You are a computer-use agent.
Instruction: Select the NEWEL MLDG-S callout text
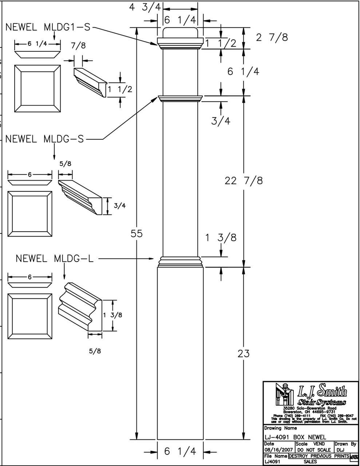point(44,139)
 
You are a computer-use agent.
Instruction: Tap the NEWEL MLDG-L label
point(54,259)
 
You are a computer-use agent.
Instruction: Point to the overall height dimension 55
point(137,234)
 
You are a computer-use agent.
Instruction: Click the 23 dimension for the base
point(244,353)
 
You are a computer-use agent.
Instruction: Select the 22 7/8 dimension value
point(244,180)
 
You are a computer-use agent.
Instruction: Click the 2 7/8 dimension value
point(272,37)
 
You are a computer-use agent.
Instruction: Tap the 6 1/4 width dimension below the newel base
point(180,451)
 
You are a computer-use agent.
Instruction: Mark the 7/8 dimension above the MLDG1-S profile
point(78,46)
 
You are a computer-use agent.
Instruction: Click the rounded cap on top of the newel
point(180,32)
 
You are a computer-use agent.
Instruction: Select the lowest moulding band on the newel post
point(180,261)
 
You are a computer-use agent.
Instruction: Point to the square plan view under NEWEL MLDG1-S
point(37,89)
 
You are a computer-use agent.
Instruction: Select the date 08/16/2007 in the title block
point(278,450)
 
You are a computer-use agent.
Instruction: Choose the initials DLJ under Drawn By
point(339,450)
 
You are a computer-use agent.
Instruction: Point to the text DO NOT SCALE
point(314,450)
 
